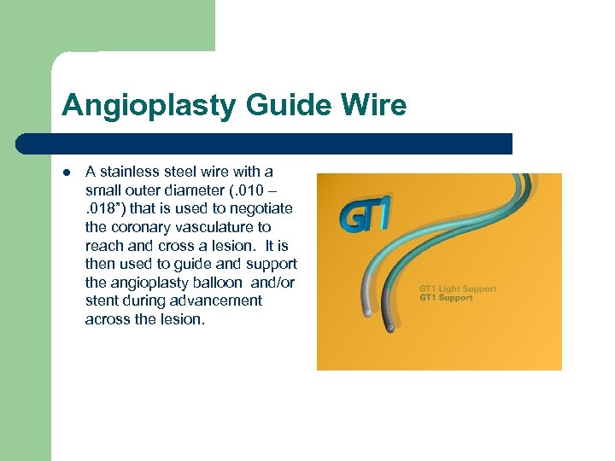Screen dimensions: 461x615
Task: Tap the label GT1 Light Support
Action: click(458, 289)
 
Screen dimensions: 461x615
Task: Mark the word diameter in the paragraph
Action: click(185, 190)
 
